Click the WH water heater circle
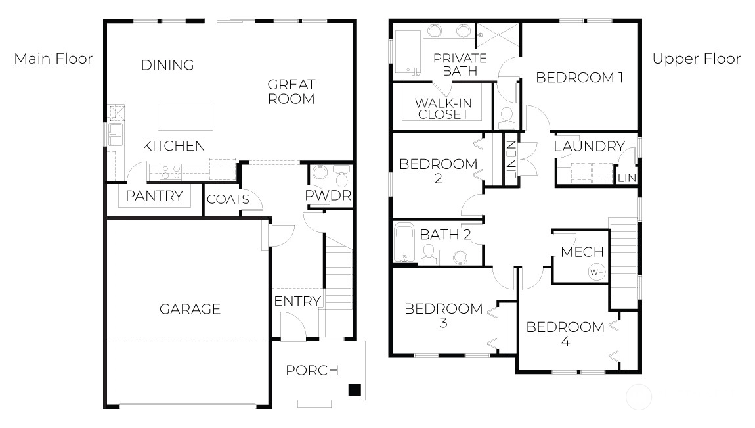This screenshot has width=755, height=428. click(597, 272)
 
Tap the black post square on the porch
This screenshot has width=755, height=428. click(355, 390)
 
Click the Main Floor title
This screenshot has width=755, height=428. click(53, 59)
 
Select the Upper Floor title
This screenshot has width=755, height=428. click(697, 59)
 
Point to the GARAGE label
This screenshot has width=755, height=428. click(190, 309)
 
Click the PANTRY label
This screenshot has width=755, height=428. click(154, 196)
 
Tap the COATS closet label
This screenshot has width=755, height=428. click(228, 199)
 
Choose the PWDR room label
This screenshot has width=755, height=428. click(328, 195)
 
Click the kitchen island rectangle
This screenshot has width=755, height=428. click(185, 118)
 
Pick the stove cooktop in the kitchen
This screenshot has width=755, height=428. click(171, 172)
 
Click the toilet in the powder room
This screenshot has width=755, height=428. click(342, 176)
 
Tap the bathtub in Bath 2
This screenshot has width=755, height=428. click(404, 243)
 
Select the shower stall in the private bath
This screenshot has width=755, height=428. click(498, 35)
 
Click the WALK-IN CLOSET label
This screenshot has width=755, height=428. click(443, 108)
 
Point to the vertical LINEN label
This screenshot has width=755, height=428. click(511, 160)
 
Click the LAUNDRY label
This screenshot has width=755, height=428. click(590, 146)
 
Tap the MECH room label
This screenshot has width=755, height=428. click(582, 252)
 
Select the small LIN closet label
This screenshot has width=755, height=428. click(627, 178)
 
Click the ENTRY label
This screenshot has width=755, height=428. click(297, 301)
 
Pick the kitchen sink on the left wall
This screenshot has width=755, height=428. click(116, 135)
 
